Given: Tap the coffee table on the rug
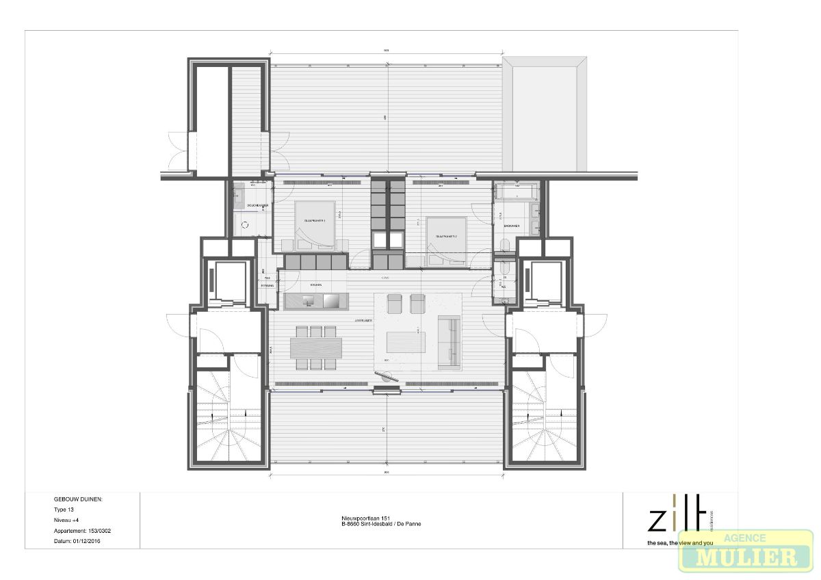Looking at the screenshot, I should (406, 341).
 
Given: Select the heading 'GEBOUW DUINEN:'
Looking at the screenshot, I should (78, 499).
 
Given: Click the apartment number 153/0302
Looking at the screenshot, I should (80, 530).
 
